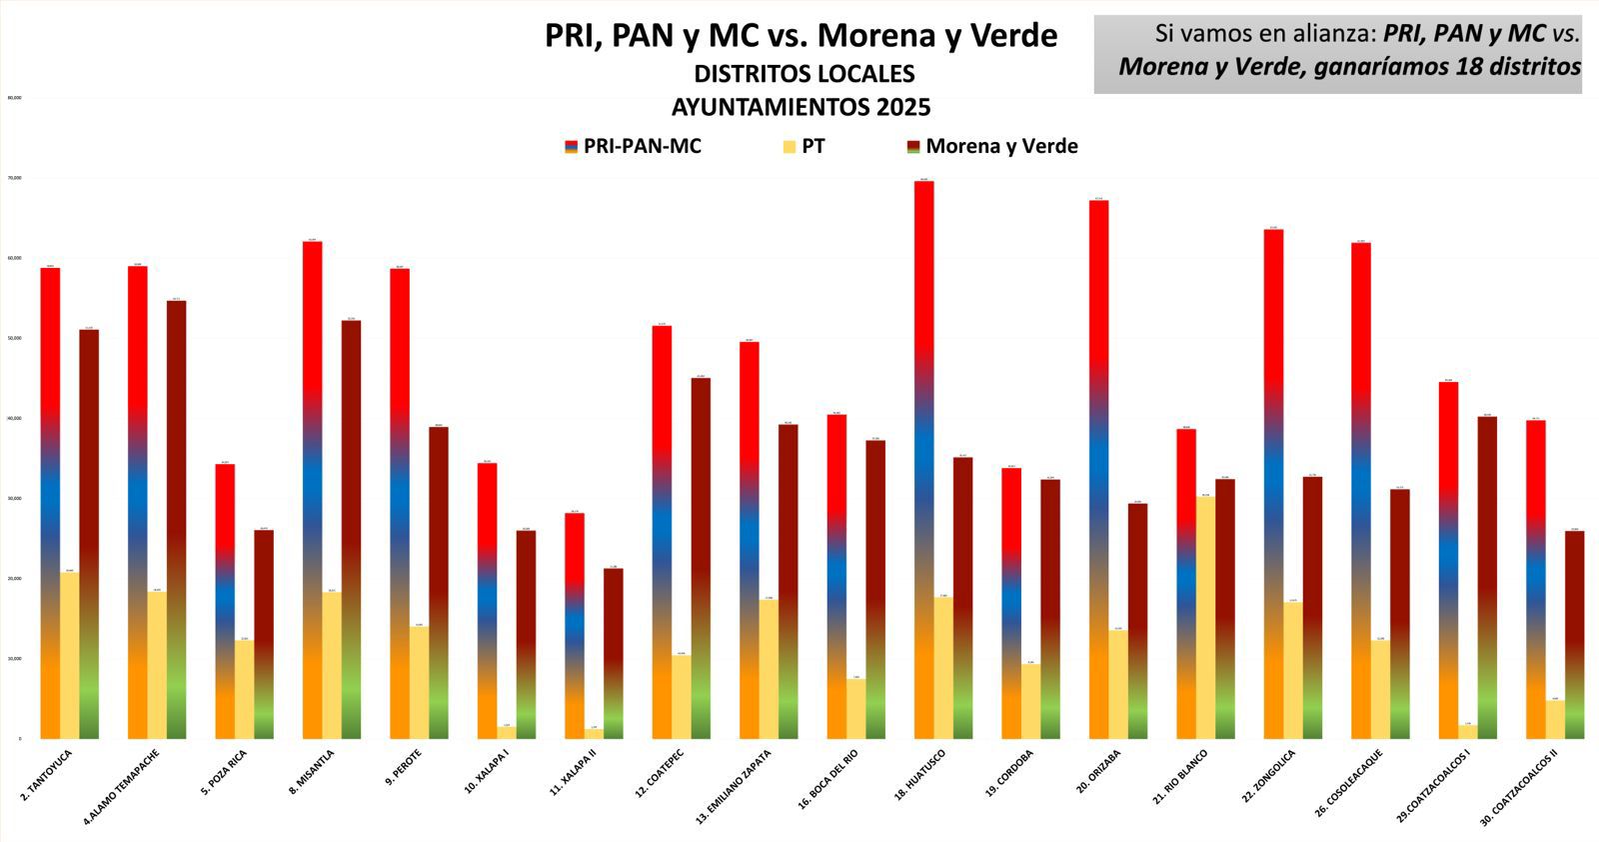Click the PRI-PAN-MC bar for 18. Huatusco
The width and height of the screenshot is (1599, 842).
tap(924, 460)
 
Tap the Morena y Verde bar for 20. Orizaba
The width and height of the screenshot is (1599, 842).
tap(1138, 620)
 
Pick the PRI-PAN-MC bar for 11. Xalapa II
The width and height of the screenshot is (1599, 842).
tap(575, 626)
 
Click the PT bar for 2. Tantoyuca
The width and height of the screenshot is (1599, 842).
tap(70, 656)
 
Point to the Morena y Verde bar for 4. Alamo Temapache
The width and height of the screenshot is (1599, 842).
tap(176, 520)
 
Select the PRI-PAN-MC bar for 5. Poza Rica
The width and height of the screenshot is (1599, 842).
tap(225, 601)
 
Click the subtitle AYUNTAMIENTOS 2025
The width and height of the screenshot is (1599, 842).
tap(800, 107)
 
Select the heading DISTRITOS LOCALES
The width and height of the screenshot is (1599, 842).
tap(803, 74)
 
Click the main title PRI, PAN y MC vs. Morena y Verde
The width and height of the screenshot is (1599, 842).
tap(800, 36)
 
